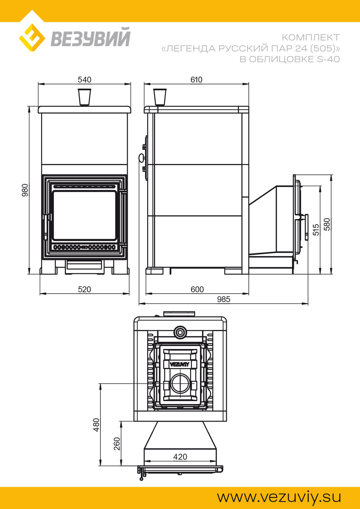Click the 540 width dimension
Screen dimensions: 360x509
(84, 80)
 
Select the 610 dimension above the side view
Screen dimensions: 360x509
(196, 80)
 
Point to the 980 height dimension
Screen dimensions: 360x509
(25, 190)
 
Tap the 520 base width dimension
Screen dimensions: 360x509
(84, 290)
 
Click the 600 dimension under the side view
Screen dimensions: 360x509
(197, 290)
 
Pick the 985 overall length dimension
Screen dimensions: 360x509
(224, 299)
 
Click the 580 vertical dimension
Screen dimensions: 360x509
(327, 224)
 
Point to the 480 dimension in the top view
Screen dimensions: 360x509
(96, 425)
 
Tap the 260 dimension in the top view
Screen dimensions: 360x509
(117, 444)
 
